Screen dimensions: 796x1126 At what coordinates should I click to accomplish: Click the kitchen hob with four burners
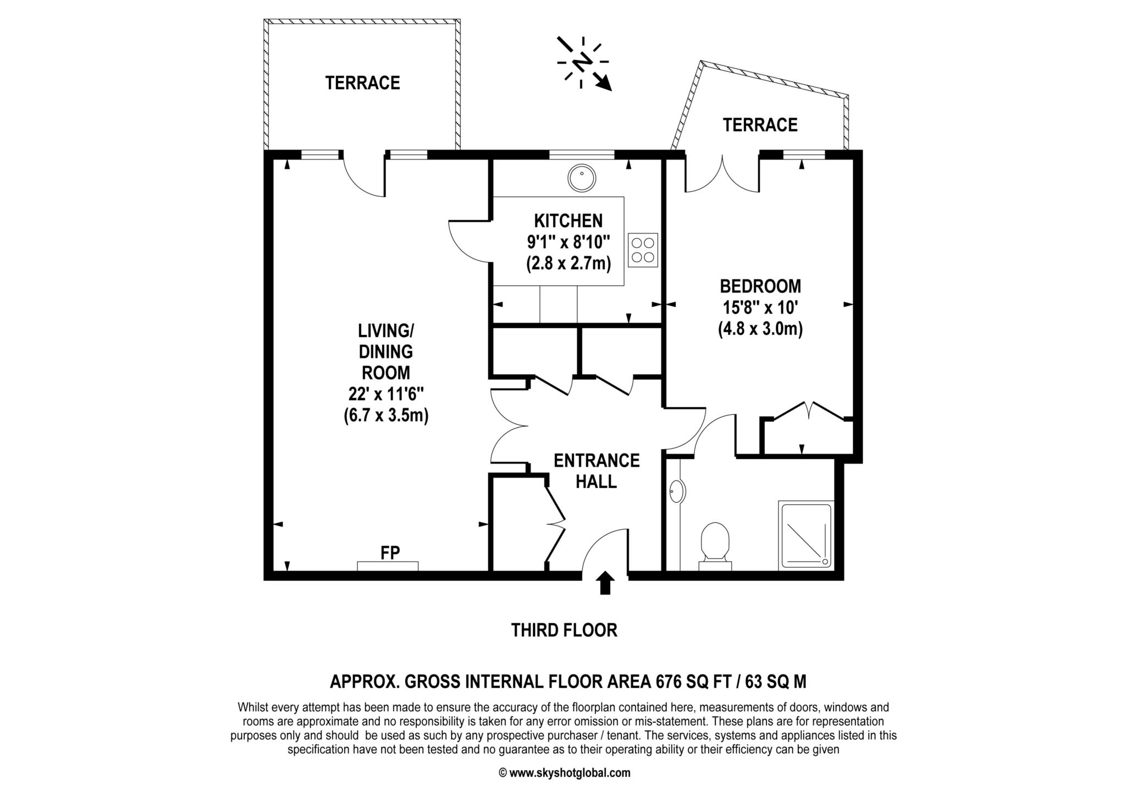tap(642, 250)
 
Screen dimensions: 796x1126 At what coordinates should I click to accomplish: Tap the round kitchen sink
tap(581, 178)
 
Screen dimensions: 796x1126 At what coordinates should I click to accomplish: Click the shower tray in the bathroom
tap(806, 535)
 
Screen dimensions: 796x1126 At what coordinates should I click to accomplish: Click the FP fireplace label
tap(390, 552)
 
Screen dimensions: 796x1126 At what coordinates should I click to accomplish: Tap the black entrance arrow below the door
tap(605, 583)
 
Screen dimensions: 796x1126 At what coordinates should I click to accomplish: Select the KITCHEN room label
tap(568, 221)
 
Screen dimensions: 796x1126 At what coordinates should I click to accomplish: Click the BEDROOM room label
tap(760, 286)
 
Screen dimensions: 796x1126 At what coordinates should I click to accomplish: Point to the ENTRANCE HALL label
tap(597, 471)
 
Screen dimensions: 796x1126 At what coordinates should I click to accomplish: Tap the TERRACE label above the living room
tap(362, 83)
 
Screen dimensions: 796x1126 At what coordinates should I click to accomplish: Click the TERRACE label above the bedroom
tap(760, 125)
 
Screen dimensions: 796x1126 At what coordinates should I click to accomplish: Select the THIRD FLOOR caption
tap(564, 630)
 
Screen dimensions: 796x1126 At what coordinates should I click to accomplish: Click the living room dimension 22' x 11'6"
tap(385, 394)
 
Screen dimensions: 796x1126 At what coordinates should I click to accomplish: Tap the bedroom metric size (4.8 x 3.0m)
tap(760, 329)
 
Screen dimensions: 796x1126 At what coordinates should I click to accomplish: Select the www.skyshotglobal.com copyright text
tap(564, 773)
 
